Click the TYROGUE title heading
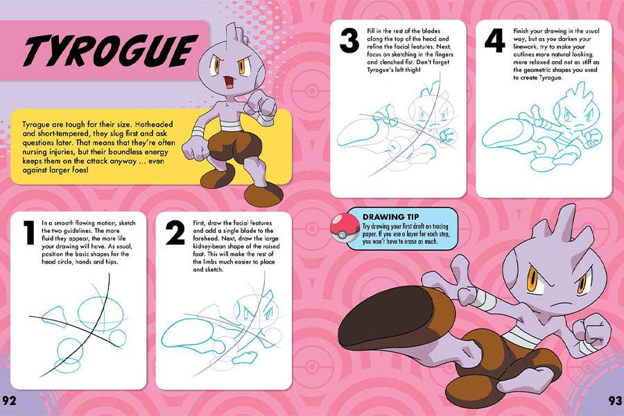tap(111, 51)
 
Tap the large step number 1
tap(29, 232)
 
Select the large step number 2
tap(175, 232)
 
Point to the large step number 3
tap(349, 41)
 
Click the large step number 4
tap(494, 41)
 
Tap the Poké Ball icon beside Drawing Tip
tap(345, 227)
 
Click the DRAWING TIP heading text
tap(391, 217)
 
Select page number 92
tap(9, 400)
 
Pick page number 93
tap(615, 400)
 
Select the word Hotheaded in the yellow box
tap(154, 124)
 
